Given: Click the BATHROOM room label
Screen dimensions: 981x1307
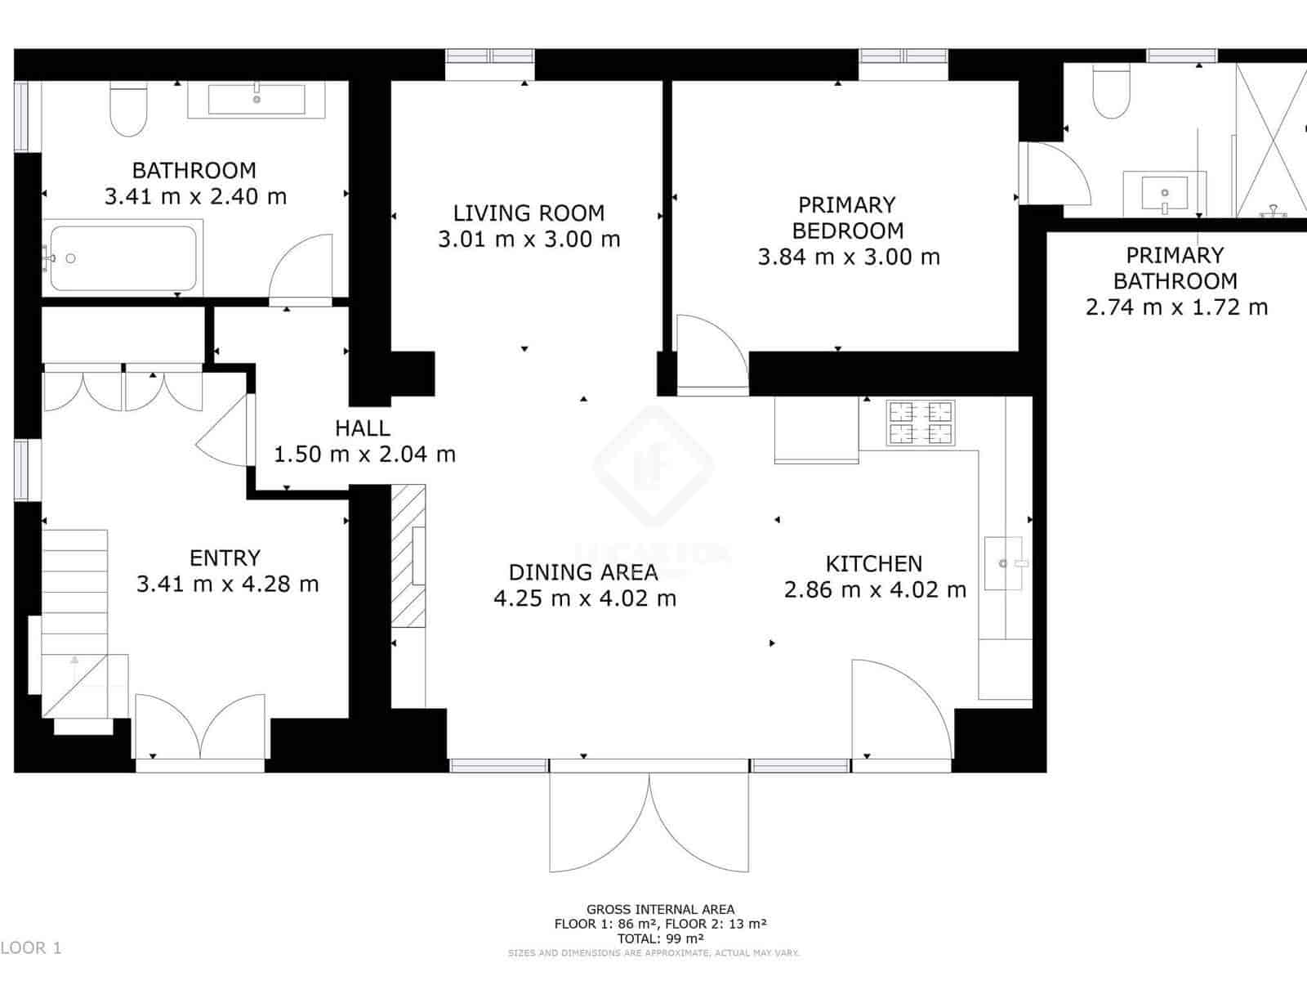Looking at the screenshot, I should coord(194,171).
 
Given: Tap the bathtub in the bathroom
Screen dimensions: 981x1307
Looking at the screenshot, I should coord(123,258).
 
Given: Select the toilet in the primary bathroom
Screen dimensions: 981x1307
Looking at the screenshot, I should coord(1111,92).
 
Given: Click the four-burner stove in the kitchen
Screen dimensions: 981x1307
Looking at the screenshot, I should coord(921,423).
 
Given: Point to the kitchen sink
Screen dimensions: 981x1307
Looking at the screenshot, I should coord(1004,563).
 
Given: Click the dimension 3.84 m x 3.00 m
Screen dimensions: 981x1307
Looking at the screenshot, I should coord(848,258).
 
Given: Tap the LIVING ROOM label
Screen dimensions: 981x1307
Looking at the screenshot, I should coord(529,213).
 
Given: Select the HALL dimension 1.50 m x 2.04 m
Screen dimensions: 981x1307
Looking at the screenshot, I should coord(364,455).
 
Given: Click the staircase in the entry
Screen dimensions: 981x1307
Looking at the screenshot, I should coord(75,605).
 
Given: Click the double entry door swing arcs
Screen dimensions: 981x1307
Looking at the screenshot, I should coord(200,728).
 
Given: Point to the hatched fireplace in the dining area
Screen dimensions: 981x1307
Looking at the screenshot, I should coord(408,556).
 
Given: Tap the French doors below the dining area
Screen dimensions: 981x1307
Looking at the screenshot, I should coord(649,822).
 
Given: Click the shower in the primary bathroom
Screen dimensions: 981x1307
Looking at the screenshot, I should coord(1271,139).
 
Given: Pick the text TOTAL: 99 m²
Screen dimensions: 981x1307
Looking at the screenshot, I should coord(660,938).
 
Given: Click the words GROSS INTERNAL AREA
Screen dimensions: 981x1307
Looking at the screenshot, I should coord(660,909).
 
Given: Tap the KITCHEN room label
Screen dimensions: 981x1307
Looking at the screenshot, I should coord(873,564).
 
